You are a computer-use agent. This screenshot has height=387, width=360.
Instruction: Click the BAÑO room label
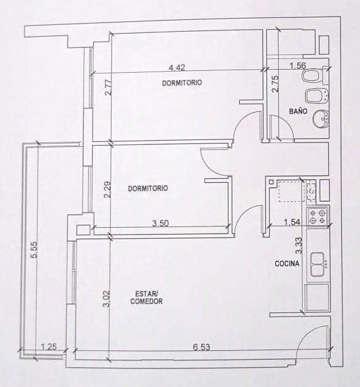point(298,111)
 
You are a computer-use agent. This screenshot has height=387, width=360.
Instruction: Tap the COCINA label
point(287,264)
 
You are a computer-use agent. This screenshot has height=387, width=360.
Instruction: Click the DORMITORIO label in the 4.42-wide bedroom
point(182,83)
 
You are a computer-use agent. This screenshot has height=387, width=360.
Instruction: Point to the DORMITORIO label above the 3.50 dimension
point(148,188)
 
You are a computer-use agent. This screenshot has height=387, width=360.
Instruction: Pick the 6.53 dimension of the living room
point(201,347)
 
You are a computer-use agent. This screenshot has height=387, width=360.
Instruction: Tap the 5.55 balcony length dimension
point(35,249)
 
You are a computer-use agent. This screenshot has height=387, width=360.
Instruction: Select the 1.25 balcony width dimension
point(49,347)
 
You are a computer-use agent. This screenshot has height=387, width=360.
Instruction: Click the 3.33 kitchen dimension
point(299,246)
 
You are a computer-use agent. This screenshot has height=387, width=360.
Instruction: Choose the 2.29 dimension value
point(107,189)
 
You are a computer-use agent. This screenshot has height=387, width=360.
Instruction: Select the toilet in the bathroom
point(311,77)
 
